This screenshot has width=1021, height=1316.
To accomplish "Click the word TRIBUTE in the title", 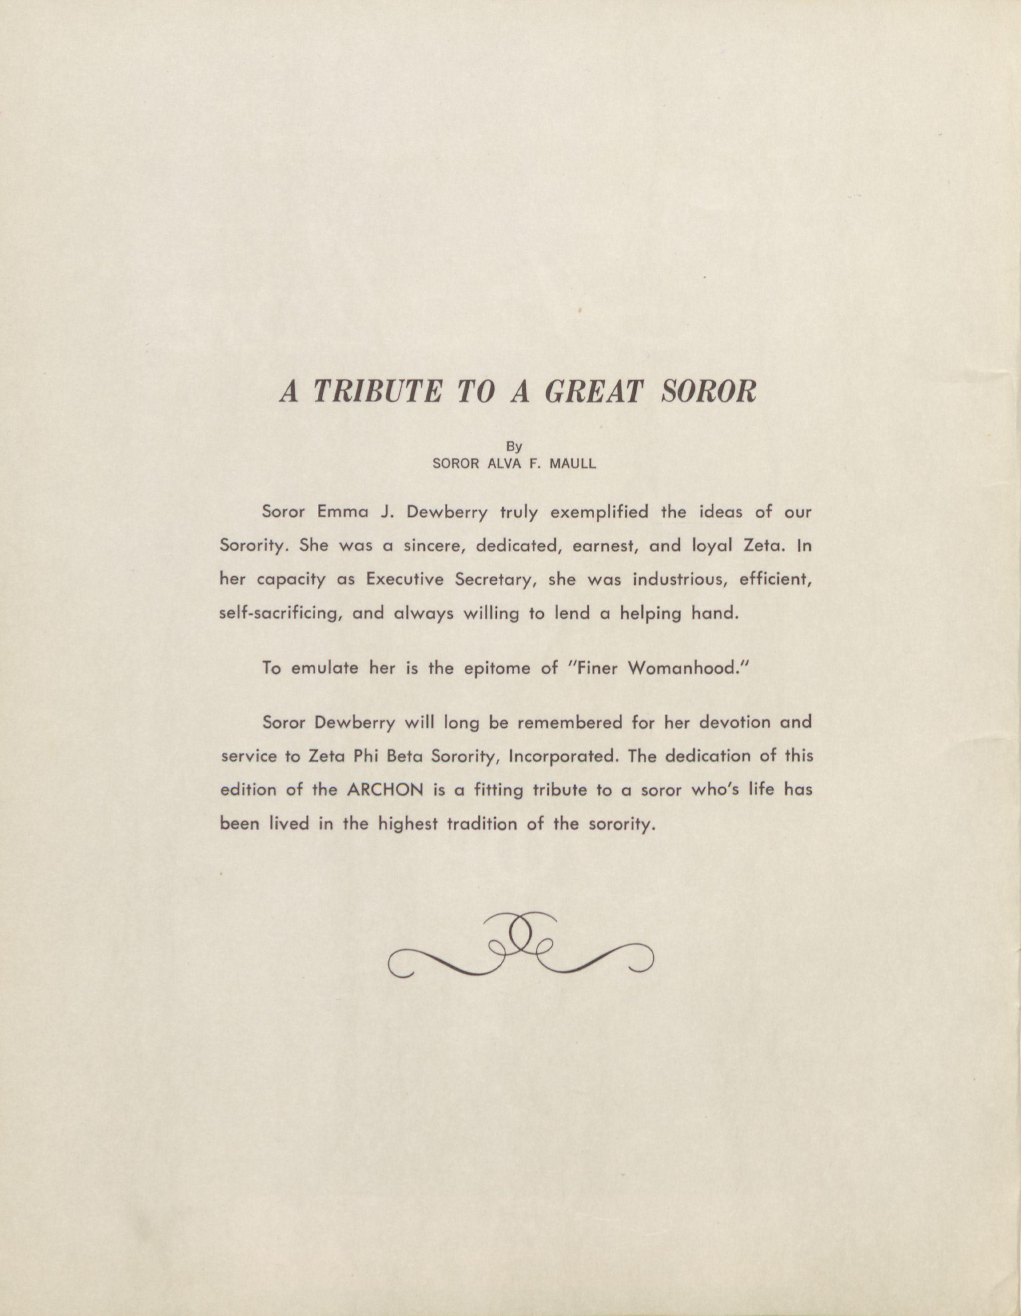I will [378, 392].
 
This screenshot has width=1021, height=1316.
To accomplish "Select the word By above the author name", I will [514, 447].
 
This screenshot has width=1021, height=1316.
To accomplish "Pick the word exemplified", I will [599, 512].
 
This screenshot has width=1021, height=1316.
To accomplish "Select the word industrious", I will [680, 579].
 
